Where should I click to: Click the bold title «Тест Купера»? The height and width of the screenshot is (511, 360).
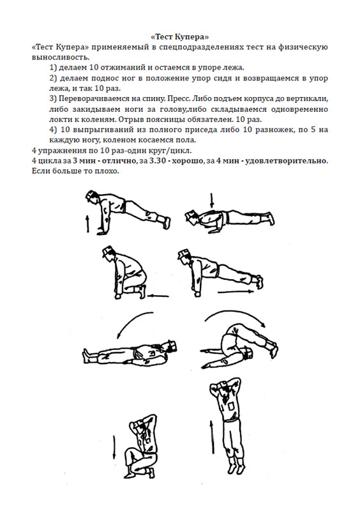coord(180,36)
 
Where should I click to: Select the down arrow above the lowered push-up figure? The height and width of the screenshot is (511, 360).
coord(212,201)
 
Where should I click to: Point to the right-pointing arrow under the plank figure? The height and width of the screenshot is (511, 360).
coord(236,292)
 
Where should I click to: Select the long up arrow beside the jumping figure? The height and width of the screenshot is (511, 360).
coord(212,437)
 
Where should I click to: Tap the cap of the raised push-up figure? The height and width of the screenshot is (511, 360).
coord(92,194)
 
